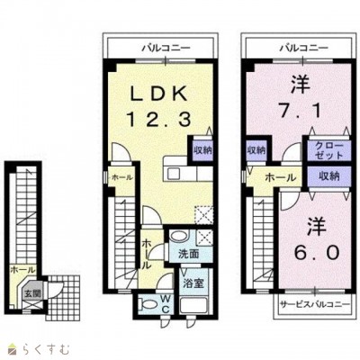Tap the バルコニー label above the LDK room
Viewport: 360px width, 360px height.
point(164,42)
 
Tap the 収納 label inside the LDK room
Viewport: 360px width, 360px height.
point(202,150)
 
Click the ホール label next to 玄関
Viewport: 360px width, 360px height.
point(17,269)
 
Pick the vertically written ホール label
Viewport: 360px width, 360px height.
point(144,255)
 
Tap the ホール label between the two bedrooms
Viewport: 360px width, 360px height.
point(276,178)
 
